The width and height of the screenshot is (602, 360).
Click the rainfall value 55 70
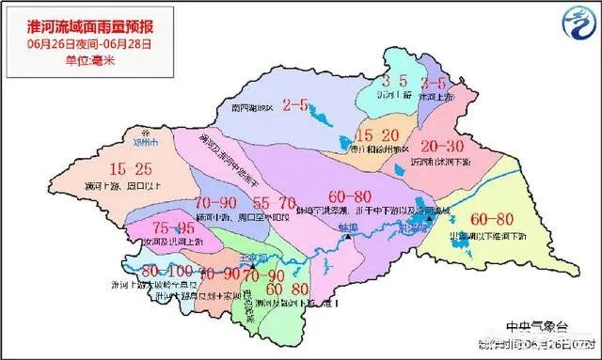pyautogui.click(x=275, y=202)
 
